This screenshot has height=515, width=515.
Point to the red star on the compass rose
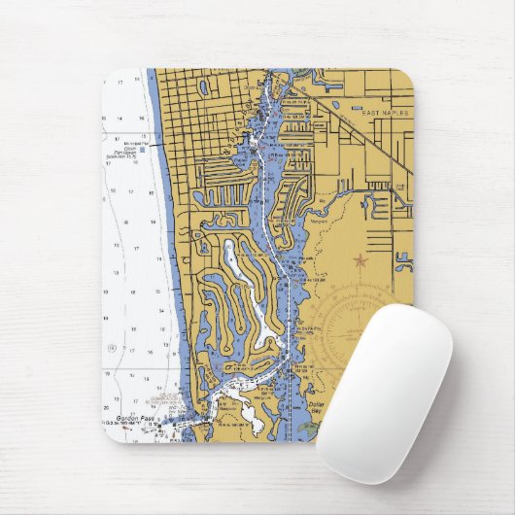pos(360,260)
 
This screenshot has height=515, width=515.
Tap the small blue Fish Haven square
pos(143,151)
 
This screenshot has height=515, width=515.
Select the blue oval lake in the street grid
pos(204,86)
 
